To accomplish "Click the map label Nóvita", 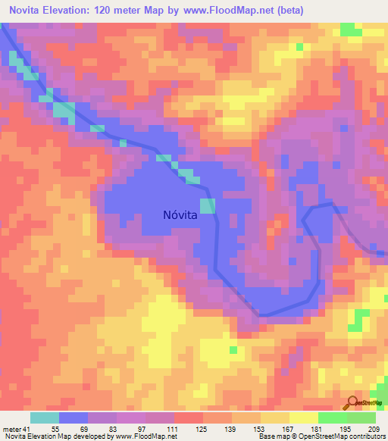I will (x=180, y=214).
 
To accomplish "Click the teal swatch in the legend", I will (x=45, y=418).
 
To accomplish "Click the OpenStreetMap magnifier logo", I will (x=352, y=403).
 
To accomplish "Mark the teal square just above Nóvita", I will (x=207, y=205).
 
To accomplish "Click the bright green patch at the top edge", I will (x=350, y=30).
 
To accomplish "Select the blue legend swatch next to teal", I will (x=74, y=418).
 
